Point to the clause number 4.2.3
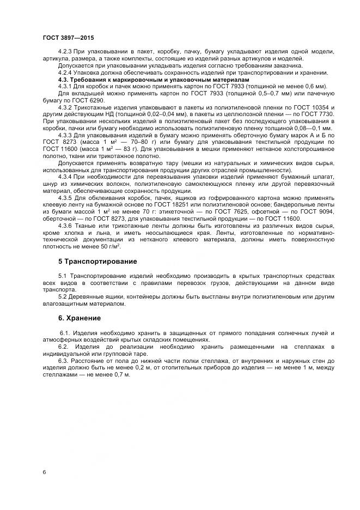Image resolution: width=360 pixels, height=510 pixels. pos(65,51)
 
